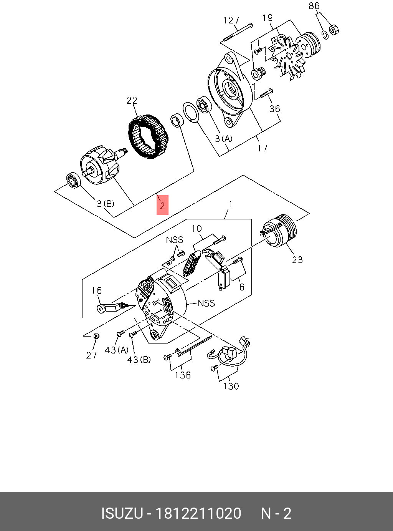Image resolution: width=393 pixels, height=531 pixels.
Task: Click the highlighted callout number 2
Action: tap(162, 205)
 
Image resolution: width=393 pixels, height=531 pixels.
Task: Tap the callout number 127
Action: tap(231, 20)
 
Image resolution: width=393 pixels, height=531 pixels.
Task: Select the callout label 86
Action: tap(314, 6)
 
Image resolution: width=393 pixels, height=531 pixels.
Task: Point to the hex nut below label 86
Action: tap(334, 30)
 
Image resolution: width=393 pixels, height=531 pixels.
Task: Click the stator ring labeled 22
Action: tap(148, 137)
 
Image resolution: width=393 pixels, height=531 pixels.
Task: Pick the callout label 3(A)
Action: tap(223, 139)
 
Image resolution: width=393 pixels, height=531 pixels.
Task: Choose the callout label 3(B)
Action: tap(105, 204)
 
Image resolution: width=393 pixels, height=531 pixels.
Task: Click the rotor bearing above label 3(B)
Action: tap(73, 179)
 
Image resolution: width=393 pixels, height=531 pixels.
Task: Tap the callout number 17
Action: tap(263, 148)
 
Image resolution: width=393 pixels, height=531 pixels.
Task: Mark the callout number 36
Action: tap(274, 109)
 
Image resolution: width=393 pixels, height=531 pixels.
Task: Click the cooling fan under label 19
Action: tap(288, 58)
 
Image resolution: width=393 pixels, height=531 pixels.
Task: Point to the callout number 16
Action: tap(97, 290)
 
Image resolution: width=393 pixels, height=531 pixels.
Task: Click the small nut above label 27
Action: tap(97, 336)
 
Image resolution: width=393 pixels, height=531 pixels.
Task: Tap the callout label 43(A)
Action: tap(117, 350)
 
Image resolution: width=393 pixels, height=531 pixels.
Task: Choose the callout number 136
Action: tap(183, 375)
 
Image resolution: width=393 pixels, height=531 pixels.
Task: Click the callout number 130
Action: tap(231, 386)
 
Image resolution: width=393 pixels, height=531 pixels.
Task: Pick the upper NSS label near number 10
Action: tap(175, 240)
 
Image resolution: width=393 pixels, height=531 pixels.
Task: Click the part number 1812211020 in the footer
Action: tap(198, 513)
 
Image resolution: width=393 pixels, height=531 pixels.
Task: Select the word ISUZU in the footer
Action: tap(122, 513)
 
